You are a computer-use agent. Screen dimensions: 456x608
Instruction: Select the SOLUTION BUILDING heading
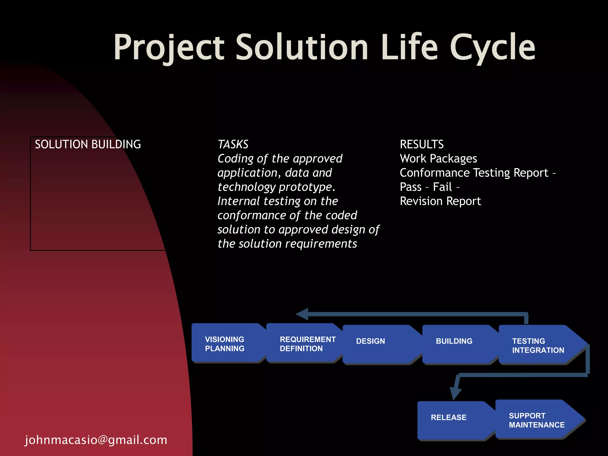click(x=88, y=145)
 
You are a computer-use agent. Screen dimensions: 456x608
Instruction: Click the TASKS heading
click(x=233, y=145)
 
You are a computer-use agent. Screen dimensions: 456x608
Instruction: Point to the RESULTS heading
click(x=422, y=145)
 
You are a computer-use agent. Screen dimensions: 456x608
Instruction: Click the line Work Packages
click(x=438, y=159)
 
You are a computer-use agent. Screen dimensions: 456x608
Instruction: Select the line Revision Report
click(x=440, y=201)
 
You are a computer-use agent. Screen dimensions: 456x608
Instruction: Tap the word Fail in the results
click(x=442, y=187)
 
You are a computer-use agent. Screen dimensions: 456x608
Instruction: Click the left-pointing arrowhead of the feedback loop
click(x=303, y=314)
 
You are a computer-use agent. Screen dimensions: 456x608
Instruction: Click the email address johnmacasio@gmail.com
click(x=96, y=440)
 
